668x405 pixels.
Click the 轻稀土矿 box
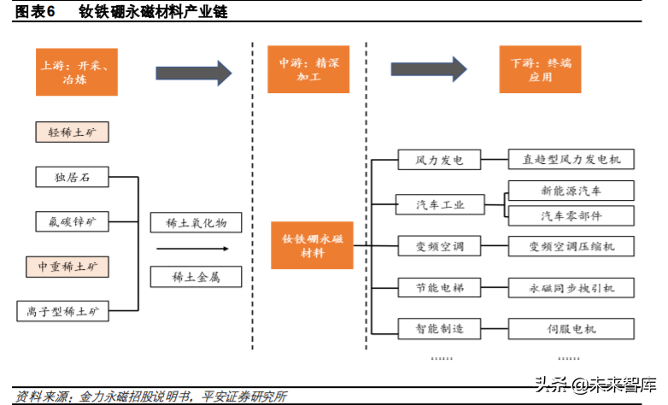(72, 132)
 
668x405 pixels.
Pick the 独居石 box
(72, 178)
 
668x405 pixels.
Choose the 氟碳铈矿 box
(72, 222)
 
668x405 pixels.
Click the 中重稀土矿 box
(72, 267)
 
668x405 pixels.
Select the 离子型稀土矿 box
(64, 311)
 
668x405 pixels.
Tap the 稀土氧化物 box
(196, 223)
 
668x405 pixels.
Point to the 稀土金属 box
(196, 277)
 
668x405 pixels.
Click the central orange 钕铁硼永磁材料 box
(311, 246)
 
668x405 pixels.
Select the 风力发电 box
(439, 159)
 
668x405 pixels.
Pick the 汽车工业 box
(439, 205)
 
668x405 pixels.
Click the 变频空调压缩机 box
(571, 247)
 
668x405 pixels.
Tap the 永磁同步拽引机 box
(571, 288)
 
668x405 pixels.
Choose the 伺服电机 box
(571, 328)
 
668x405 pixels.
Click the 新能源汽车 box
(571, 190)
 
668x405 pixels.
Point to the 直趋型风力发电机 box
(571, 159)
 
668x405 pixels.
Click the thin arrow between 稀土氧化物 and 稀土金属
(193, 249)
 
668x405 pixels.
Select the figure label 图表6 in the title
(35, 11)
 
